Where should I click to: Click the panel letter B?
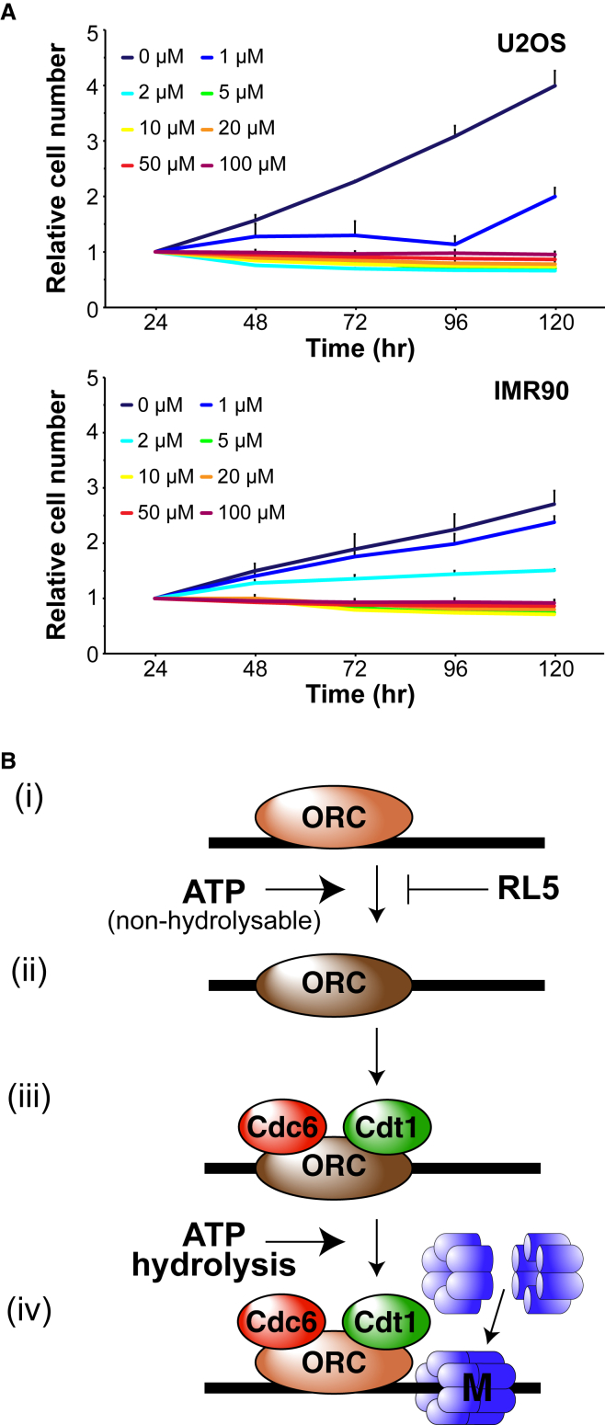pyautogui.click(x=9, y=762)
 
